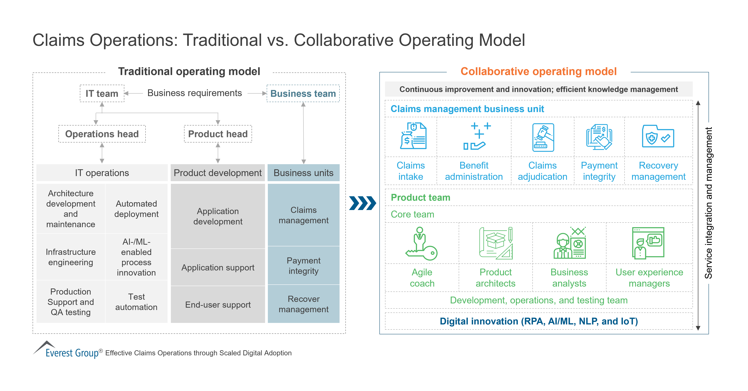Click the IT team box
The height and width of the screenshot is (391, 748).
tap(102, 93)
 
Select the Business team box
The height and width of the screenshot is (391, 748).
tap(303, 93)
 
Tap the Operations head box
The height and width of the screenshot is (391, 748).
tap(102, 134)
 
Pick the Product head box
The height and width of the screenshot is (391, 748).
tap(218, 134)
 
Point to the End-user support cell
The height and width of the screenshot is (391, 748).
tap(218, 305)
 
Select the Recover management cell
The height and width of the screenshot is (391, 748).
tap(303, 304)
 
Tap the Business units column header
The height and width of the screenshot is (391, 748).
tap(303, 173)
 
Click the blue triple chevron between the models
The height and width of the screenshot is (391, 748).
tap(362, 203)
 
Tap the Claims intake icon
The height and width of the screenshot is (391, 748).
tap(413, 136)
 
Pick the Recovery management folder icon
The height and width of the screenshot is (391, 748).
tap(658, 136)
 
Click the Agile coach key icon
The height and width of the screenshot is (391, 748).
tap(421, 244)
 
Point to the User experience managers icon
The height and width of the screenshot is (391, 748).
tap(648, 243)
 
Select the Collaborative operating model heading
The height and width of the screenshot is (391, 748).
tap(538, 71)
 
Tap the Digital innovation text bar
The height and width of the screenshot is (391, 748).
tap(539, 321)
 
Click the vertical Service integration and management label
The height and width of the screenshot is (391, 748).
tap(709, 203)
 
